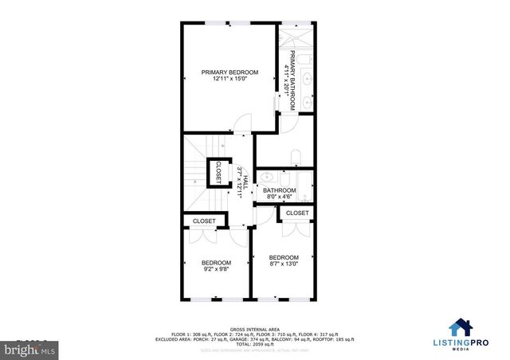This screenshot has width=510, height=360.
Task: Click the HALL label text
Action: (245, 182)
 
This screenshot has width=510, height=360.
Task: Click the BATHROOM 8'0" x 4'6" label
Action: (280, 194)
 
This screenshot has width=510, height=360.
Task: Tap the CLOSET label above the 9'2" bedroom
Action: (204, 221)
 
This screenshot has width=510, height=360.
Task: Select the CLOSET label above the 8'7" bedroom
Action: (296, 213)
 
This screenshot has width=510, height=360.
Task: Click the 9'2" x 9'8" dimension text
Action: (216, 270)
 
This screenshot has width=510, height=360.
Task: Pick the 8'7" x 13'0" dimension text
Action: (284, 264)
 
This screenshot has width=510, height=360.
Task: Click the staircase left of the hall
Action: (196, 171)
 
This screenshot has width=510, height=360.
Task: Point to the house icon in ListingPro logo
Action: (460, 327)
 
